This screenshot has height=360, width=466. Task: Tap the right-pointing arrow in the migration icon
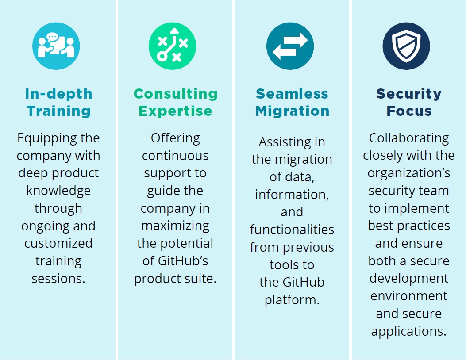(x=295, y=40)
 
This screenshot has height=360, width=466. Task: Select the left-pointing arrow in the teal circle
(x=285, y=52)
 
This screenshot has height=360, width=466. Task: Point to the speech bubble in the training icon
(x=52, y=37)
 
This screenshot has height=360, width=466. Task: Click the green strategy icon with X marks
(x=173, y=46)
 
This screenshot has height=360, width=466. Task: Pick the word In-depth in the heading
(x=58, y=94)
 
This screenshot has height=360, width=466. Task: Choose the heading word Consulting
(x=175, y=94)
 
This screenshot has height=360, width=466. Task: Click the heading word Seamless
(x=292, y=94)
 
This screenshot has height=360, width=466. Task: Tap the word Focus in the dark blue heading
(x=409, y=111)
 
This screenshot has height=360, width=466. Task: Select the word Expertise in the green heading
(x=175, y=111)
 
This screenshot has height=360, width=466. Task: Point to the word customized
(x=58, y=243)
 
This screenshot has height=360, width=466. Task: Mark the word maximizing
(x=175, y=226)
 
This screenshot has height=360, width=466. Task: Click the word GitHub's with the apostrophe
(x=183, y=261)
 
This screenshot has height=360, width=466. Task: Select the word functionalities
(x=292, y=230)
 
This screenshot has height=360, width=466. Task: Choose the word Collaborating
(x=409, y=138)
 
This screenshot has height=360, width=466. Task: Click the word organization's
(x=409, y=173)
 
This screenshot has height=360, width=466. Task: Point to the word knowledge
(x=58, y=191)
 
